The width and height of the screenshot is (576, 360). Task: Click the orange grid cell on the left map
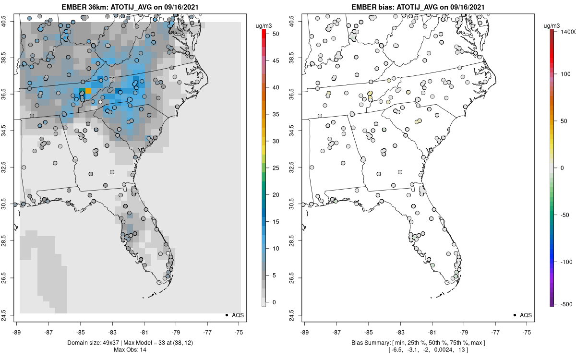tap(88, 90)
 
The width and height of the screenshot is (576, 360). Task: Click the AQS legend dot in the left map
tap(227, 315)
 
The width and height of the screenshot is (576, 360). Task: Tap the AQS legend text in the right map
tap(526, 315)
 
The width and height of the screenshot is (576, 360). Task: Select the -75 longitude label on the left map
tap(239, 332)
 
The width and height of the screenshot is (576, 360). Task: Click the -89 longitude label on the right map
tap(305, 332)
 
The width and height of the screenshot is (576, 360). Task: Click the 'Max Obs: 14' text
tap(128, 349)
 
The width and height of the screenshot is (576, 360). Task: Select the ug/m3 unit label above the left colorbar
tap(266, 24)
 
